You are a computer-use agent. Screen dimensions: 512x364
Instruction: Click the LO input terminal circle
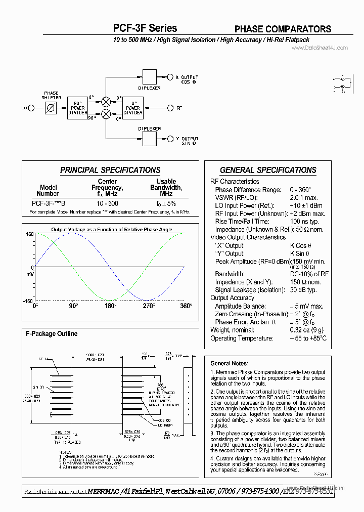pos(31,108)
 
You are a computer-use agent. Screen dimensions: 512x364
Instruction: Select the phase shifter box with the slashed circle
pos(51,108)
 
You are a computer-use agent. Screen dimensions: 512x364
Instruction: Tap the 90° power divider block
pos(77,108)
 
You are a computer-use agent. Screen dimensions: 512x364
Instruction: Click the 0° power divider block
pos(133,108)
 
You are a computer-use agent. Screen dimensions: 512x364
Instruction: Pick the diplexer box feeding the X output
pos(150,77)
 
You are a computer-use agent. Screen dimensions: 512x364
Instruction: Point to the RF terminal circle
pos(170,108)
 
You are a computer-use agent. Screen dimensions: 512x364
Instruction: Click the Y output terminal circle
pos(170,139)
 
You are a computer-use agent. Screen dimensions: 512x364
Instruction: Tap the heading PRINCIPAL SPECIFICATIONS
pos(110,170)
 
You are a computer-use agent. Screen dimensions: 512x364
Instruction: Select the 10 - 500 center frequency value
pos(108,203)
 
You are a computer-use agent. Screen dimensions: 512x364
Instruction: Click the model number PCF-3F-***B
pos(49,203)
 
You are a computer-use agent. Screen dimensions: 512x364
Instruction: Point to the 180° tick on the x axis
pos(110,306)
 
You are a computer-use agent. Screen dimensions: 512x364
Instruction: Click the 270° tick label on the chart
pos(148,306)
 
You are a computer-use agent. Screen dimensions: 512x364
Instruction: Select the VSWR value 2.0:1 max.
pos(304,198)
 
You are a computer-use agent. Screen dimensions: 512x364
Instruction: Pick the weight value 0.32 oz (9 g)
pos(306,330)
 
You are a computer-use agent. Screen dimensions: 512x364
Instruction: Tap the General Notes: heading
pos(229,363)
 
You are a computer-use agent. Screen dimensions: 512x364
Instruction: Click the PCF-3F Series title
pos(145,28)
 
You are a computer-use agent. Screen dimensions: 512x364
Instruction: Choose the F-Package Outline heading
pos(52,334)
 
